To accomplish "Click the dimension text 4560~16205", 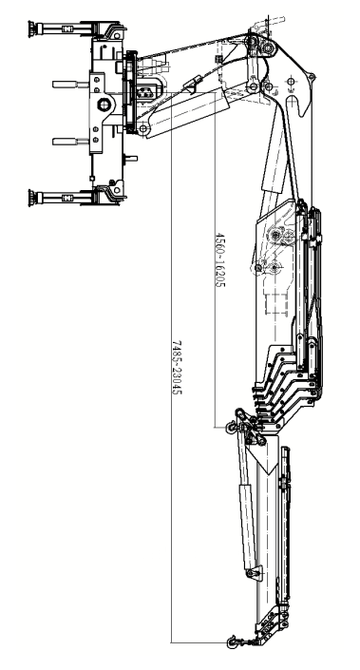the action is (219, 259).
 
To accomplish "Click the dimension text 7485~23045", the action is (177, 368).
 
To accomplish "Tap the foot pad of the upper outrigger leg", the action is (31, 29).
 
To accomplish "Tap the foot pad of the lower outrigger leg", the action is (31, 198).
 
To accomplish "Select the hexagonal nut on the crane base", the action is (104, 105).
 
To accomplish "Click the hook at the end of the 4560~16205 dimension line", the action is (231, 427).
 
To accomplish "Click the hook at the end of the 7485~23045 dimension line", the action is (232, 641).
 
